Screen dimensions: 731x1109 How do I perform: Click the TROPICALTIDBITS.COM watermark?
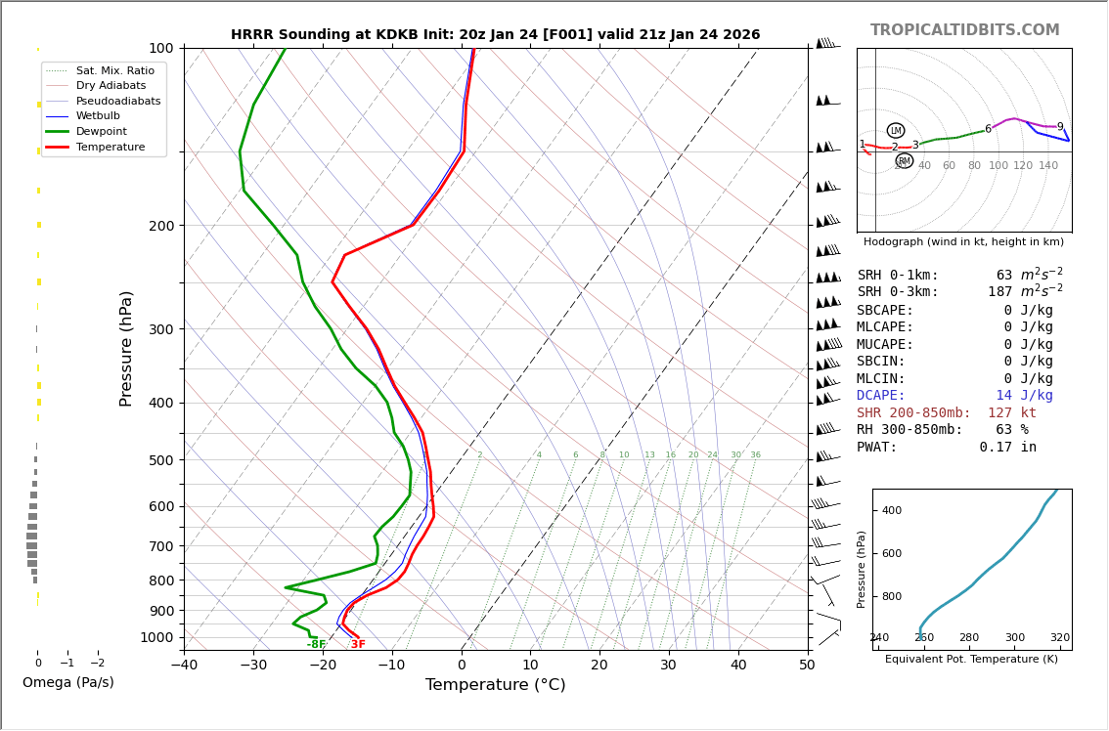(x=964, y=30)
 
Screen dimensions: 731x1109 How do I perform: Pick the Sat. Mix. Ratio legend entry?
(x=114, y=70)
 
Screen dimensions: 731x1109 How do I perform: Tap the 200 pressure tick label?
(x=159, y=226)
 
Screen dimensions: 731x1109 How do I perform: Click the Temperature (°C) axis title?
(x=495, y=685)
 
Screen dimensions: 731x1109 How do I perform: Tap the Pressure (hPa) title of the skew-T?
(x=126, y=348)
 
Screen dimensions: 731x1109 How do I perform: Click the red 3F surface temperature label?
(x=358, y=645)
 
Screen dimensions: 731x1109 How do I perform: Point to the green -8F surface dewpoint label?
(x=316, y=645)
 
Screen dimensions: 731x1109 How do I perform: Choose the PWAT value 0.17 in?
(x=1007, y=448)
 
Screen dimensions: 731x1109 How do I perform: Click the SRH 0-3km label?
(x=898, y=292)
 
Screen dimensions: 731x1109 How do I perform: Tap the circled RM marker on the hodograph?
(x=905, y=161)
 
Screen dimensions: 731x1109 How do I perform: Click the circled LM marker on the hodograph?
(x=896, y=131)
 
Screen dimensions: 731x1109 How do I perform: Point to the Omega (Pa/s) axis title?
(x=67, y=682)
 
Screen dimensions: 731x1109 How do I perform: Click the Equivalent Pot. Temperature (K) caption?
(x=971, y=659)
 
